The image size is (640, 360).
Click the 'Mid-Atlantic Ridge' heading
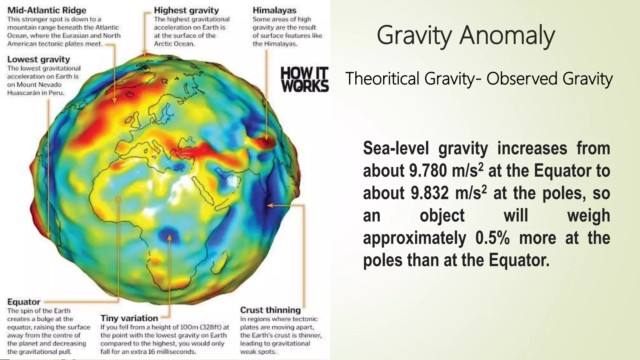tap(47, 10)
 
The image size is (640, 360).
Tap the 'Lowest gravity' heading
tap(38, 59)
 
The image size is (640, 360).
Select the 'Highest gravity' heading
tap(186, 10)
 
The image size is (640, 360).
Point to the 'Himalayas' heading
tap(274, 10)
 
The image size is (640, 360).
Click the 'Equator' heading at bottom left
tap(24, 302)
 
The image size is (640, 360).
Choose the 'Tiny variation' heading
tap(129, 318)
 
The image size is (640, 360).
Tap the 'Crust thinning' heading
tap(270, 310)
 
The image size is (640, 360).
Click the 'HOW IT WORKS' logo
tap(304, 79)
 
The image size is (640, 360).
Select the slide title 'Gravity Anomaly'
tap(466, 36)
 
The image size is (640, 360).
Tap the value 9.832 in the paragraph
tap(430, 193)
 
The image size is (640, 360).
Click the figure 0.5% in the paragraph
tap(492, 238)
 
